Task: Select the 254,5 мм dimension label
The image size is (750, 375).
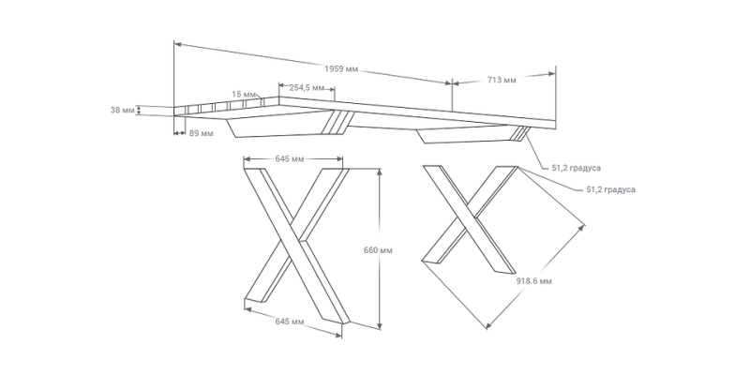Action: click(307, 87)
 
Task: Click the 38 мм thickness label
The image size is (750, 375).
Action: click(122, 110)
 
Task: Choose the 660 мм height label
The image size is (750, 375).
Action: click(375, 251)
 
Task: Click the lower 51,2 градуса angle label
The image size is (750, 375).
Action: click(610, 189)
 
